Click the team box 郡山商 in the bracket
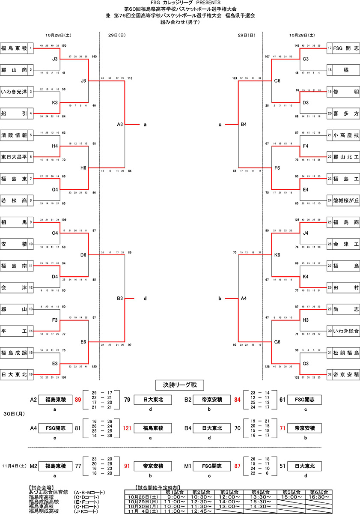coord(15,69)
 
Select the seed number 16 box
coord(31,374)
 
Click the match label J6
coord(83,81)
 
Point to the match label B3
coord(120,298)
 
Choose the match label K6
coord(277,255)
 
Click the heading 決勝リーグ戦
coord(180,385)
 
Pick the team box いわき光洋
coord(15,92)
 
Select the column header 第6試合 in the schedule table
coord(318,491)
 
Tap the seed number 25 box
coord(330,222)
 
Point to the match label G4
coord(55,189)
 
